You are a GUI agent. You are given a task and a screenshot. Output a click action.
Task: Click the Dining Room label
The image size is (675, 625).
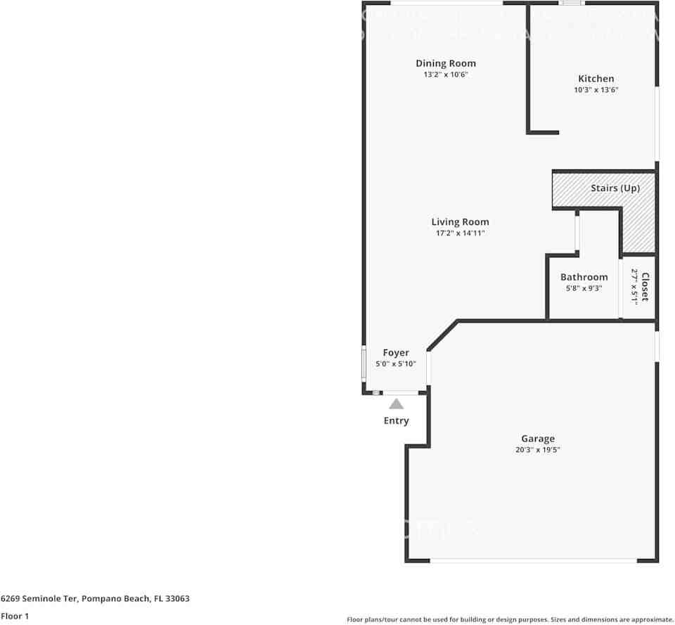coord(445,63)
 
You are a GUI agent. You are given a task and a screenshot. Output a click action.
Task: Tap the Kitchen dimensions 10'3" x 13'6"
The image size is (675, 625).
coord(596,90)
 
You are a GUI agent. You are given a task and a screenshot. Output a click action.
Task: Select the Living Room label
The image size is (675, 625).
coord(460,221)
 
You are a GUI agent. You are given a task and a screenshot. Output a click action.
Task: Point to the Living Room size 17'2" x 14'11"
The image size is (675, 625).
coord(460,233)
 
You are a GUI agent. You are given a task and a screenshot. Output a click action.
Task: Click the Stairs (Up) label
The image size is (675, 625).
coord(615,188)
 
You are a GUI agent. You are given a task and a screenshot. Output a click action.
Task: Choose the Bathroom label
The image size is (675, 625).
coord(584,277)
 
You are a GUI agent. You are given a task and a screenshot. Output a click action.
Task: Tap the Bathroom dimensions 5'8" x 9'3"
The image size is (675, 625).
coord(584,288)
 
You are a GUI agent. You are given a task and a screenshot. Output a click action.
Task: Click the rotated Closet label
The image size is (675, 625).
coord(644,287)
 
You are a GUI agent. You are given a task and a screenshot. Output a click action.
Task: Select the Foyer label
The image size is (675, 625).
coord(395,352)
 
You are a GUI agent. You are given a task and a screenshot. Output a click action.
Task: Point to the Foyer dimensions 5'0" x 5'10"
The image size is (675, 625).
coord(395,363)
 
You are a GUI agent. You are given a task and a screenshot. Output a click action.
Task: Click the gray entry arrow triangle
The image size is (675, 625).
coord(397,404)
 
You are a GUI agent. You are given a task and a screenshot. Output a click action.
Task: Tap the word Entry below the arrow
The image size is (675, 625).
coord(396,420)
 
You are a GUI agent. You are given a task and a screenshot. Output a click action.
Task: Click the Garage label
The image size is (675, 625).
coord(537,439)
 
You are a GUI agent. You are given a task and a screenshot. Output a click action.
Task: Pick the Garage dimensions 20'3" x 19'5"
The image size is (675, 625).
coord(537,450)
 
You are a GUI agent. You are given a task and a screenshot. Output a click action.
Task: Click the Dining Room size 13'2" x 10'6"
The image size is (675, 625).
coord(445,75)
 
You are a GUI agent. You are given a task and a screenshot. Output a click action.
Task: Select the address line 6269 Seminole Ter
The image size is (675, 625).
coord(95,599)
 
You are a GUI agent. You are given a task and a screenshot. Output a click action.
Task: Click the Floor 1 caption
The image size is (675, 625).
coord(15,616)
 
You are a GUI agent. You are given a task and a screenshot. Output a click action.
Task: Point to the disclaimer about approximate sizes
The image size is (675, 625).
coord(510,619)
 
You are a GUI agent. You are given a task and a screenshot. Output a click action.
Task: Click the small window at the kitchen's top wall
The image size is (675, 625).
coord(571,4)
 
